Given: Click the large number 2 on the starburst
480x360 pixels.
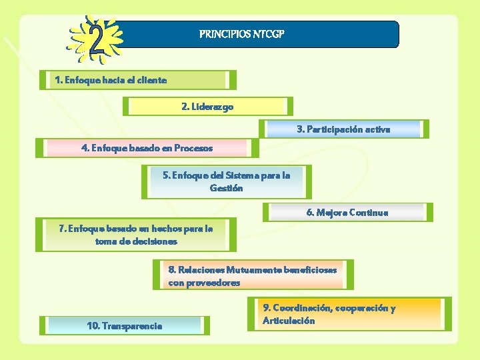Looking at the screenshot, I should point(97,41).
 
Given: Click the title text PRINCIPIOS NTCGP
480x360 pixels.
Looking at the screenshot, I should point(242,33).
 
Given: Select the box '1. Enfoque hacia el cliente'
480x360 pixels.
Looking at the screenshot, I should point(137,80).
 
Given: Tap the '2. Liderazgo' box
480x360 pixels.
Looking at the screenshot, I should point(207,106).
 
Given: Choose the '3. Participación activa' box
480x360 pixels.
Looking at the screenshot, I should point(343,129).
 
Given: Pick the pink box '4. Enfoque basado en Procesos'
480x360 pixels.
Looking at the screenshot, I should point(147,147).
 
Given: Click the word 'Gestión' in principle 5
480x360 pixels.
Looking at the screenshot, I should point(226,188).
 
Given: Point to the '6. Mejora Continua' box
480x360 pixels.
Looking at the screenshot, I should point(347,213).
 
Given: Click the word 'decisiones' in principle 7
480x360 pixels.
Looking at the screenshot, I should point(155,241).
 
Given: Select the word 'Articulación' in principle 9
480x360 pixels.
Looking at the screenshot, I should point(289,321).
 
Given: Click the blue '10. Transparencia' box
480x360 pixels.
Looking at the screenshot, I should point(124,325).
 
